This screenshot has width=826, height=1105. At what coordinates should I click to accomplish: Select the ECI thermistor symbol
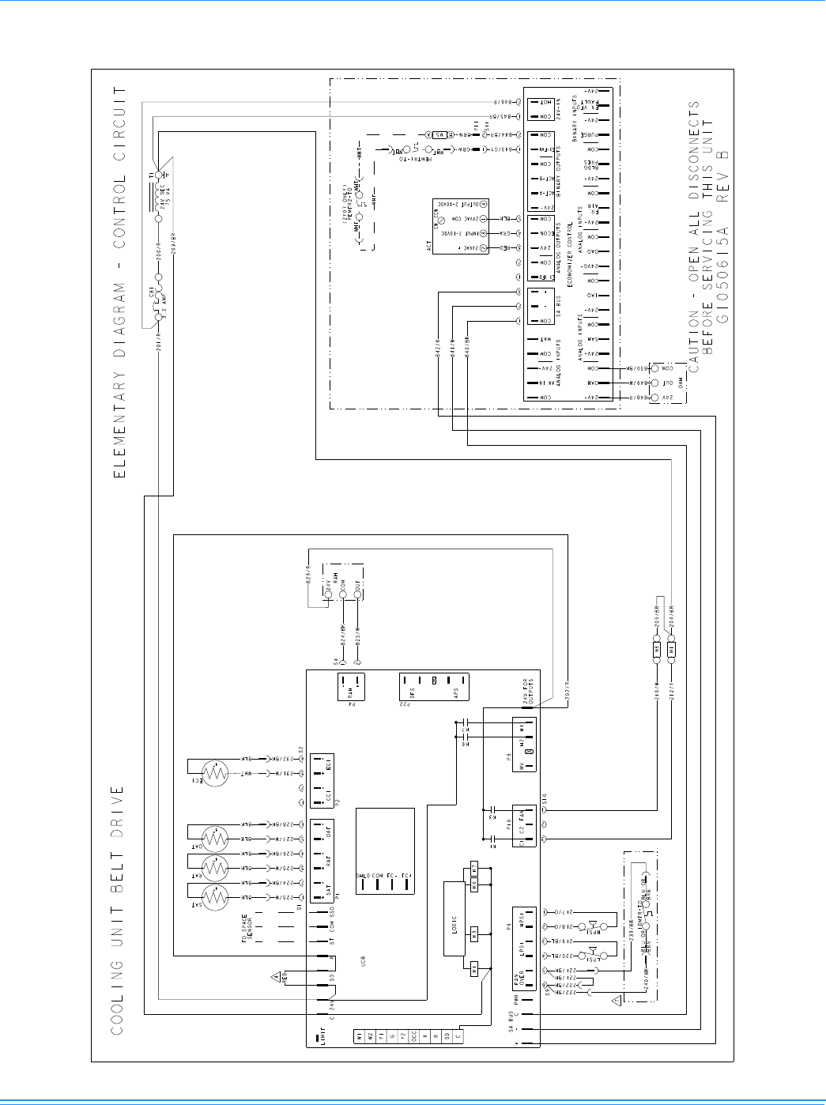pos(214,771)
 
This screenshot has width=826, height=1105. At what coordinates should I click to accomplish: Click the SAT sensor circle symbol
pos(214,897)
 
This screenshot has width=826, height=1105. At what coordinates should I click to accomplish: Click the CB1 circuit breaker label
pos(150,296)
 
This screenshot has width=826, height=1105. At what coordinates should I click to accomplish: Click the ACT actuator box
pos(461,225)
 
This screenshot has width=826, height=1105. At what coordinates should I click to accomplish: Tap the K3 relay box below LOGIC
pos(474,933)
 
